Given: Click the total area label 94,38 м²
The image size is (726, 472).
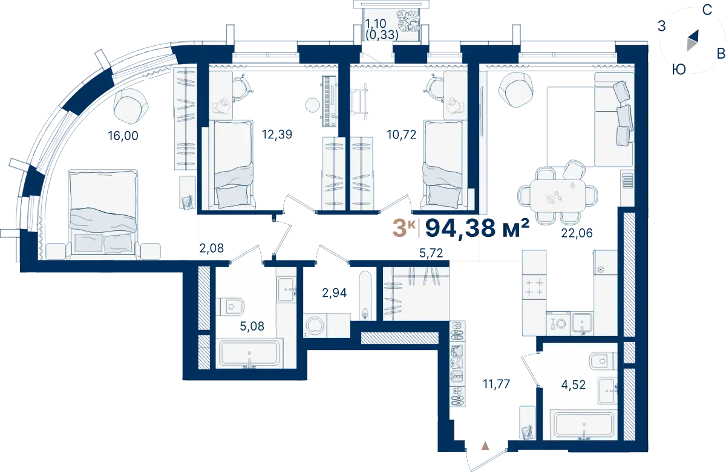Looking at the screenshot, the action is [477, 228].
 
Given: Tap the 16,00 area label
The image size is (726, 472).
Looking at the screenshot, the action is [123, 135].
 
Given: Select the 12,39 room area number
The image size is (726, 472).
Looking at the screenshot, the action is [277, 134].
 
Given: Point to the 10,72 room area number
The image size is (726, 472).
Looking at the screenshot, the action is [401, 134].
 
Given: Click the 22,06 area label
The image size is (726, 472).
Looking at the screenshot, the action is [577, 233].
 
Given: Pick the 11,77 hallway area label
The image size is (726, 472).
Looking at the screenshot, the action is [496, 384].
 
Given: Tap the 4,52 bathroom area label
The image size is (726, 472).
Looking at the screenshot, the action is [574, 384].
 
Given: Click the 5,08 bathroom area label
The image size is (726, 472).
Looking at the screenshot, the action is [252, 326].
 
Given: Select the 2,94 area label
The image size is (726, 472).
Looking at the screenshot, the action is [334, 293].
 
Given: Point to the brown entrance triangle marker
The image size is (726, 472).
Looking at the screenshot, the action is [485, 446].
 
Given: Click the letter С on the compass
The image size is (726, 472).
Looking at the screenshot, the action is [707, 10].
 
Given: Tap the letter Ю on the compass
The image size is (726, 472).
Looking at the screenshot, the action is [678, 70].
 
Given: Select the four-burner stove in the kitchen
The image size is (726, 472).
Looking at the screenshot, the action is [534, 287].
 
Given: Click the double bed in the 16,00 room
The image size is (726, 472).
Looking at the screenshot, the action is [103, 214].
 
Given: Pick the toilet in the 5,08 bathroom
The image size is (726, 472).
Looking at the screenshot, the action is [230, 306].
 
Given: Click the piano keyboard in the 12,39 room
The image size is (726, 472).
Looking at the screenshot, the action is [330, 101].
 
